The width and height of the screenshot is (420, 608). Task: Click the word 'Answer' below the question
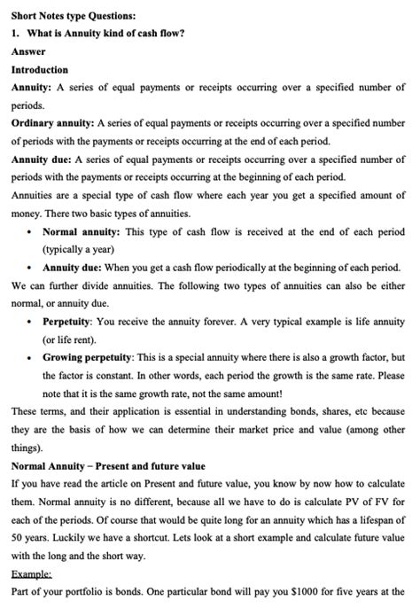click(x=28, y=51)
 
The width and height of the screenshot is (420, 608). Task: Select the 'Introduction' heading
click(x=39, y=69)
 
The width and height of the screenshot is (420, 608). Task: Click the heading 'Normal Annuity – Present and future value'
click(x=108, y=466)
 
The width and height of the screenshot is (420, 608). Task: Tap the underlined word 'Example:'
click(x=33, y=574)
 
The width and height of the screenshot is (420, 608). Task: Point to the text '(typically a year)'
click(x=79, y=250)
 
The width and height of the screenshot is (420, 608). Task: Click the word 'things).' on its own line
click(x=28, y=448)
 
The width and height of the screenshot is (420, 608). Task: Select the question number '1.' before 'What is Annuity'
click(x=15, y=34)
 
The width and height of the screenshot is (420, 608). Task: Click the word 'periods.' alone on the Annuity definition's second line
click(x=29, y=105)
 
